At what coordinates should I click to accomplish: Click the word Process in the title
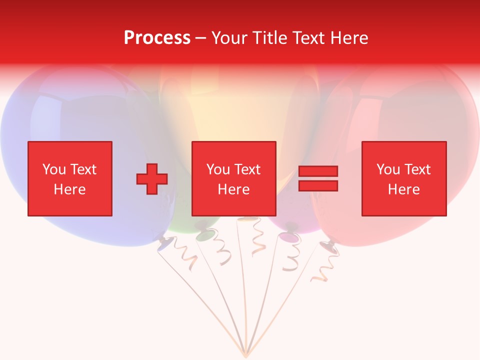[157, 38]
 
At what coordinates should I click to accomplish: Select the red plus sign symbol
[152, 178]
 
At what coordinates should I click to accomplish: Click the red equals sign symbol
[318, 178]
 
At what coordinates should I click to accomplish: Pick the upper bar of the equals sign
[318, 171]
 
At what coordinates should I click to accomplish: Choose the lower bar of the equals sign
[318, 185]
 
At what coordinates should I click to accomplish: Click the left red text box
[70, 178]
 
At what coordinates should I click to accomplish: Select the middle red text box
[233, 178]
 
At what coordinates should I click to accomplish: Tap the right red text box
[403, 178]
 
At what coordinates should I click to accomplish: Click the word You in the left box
[53, 169]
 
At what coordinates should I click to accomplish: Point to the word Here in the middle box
[233, 189]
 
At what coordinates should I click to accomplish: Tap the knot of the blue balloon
[164, 245]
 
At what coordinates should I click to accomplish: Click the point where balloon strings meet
[245, 354]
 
